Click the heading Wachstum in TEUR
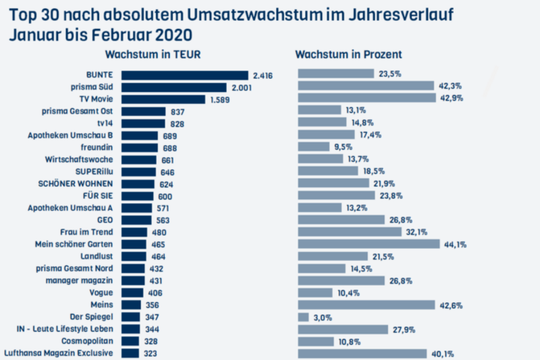[153, 54]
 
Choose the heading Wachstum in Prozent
[349, 54]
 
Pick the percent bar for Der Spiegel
[303, 317]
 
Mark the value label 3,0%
[322, 317]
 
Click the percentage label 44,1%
[454, 245]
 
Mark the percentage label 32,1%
[416, 232]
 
